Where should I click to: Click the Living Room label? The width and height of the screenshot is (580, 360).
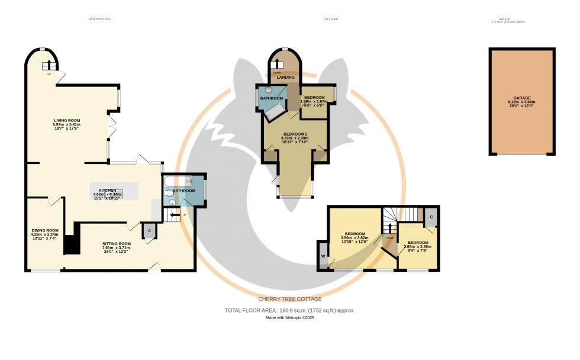click(67, 120)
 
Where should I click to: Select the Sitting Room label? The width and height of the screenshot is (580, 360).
click(115, 243)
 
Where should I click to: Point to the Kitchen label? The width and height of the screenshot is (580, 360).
click(107, 190)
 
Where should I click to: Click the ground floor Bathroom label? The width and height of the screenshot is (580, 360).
click(183, 191)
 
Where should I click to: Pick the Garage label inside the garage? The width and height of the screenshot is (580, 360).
click(521, 98)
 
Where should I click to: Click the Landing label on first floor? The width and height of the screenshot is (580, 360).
click(286, 78)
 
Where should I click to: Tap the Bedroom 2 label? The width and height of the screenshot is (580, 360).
click(295, 134)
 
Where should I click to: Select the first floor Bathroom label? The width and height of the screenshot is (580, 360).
click(272, 98)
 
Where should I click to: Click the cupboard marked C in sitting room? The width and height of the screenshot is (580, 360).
click(149, 230)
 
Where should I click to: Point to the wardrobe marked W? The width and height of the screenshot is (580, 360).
click(323, 255)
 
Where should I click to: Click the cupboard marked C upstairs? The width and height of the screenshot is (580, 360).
click(431, 217)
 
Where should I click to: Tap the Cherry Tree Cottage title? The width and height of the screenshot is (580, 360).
click(289, 299)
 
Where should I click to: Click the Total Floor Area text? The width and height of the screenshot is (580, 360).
click(289, 310)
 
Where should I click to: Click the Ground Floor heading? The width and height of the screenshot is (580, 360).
click(99, 19)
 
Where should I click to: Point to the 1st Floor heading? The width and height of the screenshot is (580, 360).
click(330, 19)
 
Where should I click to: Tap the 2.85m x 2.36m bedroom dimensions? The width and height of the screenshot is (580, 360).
click(417, 246)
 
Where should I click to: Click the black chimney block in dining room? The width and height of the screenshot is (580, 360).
click(72, 245)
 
